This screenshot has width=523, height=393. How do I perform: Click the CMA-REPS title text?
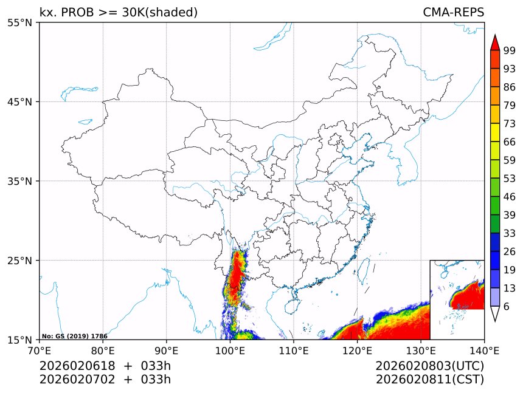453,12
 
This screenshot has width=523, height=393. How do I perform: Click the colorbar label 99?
510,50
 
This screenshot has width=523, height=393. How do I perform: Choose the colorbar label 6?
507,306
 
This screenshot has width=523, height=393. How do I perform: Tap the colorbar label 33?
510,233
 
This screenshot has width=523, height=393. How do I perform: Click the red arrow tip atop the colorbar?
495,42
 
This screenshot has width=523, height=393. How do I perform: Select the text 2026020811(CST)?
429,380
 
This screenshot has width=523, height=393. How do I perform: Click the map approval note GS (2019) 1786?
74,336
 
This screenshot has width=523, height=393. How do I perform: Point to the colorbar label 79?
510,105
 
